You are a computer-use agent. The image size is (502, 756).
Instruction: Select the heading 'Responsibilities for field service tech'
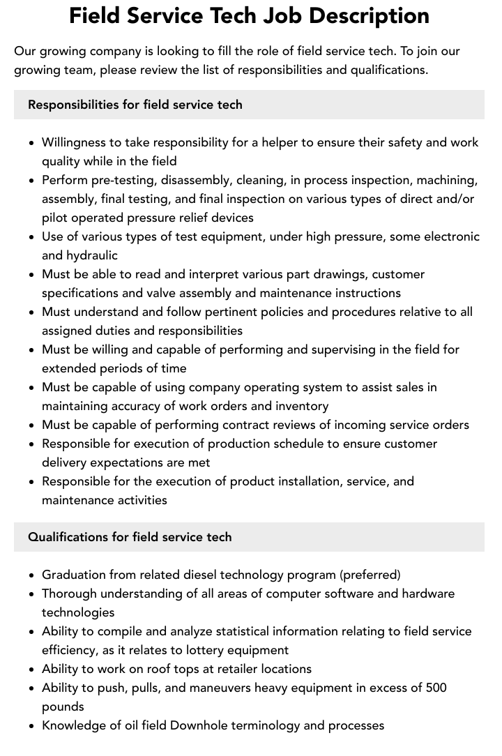click(x=135, y=105)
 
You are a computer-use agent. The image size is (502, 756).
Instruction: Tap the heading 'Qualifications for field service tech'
click(x=130, y=537)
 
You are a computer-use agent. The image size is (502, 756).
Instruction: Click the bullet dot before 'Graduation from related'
click(x=32, y=575)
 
